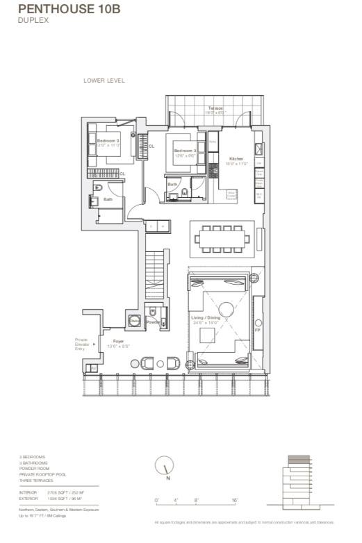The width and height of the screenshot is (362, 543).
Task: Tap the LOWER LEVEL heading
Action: [104, 81]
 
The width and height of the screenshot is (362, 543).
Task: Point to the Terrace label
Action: [215, 109]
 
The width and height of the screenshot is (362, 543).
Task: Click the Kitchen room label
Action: [238, 159]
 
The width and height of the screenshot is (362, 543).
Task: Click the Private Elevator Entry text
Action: [82, 344]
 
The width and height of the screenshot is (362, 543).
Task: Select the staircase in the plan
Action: [156, 274]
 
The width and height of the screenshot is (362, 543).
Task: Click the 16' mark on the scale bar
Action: [236, 500]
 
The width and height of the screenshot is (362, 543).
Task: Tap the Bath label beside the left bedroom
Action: [108, 200]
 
